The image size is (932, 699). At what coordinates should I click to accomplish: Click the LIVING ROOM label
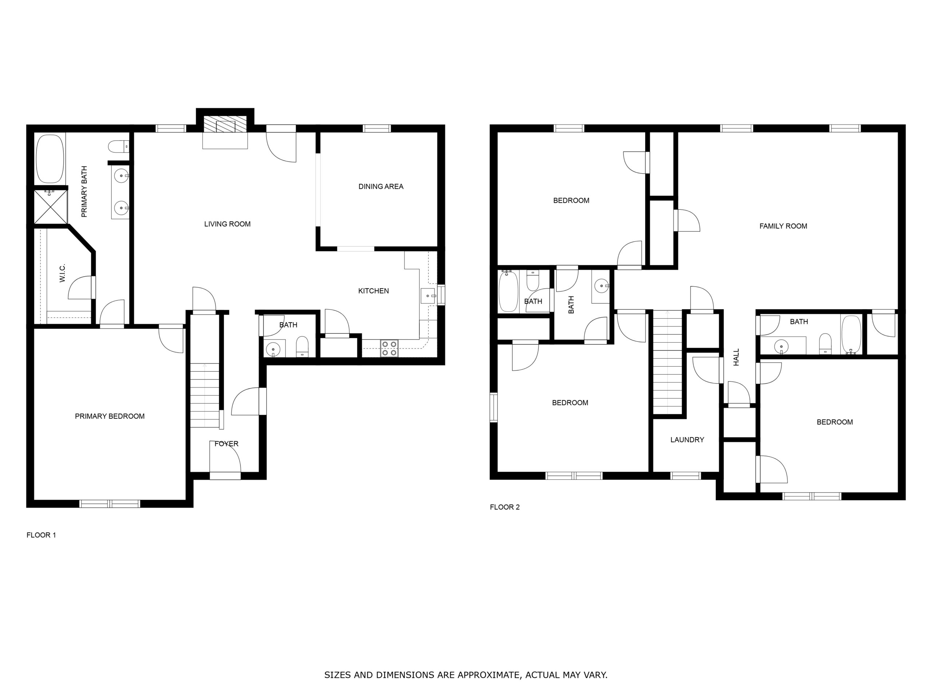click(x=227, y=224)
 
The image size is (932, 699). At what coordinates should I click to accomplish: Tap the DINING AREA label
click(x=381, y=187)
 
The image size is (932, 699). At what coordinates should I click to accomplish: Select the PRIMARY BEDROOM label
click(x=110, y=416)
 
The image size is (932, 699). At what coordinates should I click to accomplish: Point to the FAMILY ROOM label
click(x=783, y=226)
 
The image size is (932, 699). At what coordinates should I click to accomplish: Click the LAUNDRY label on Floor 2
click(x=687, y=440)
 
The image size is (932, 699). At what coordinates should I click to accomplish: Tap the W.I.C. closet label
click(x=62, y=273)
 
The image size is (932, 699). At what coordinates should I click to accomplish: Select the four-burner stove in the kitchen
click(x=389, y=348)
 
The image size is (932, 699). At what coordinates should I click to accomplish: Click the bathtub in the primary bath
click(x=50, y=159)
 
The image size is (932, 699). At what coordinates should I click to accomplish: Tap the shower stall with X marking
click(x=51, y=207)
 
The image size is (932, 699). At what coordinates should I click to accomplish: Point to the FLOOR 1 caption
click(x=41, y=535)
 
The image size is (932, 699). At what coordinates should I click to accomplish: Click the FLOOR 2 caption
click(x=505, y=507)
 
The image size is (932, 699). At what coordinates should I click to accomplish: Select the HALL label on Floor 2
click(x=736, y=357)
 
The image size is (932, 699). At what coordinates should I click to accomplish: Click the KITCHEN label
click(x=373, y=291)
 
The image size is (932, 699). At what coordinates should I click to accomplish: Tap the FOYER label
click(x=227, y=444)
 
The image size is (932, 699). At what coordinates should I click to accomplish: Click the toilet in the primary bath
click(x=118, y=147)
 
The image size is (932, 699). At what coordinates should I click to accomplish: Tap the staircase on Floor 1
click(x=205, y=396)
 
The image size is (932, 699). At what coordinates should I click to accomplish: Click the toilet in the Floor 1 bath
click(x=302, y=347)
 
